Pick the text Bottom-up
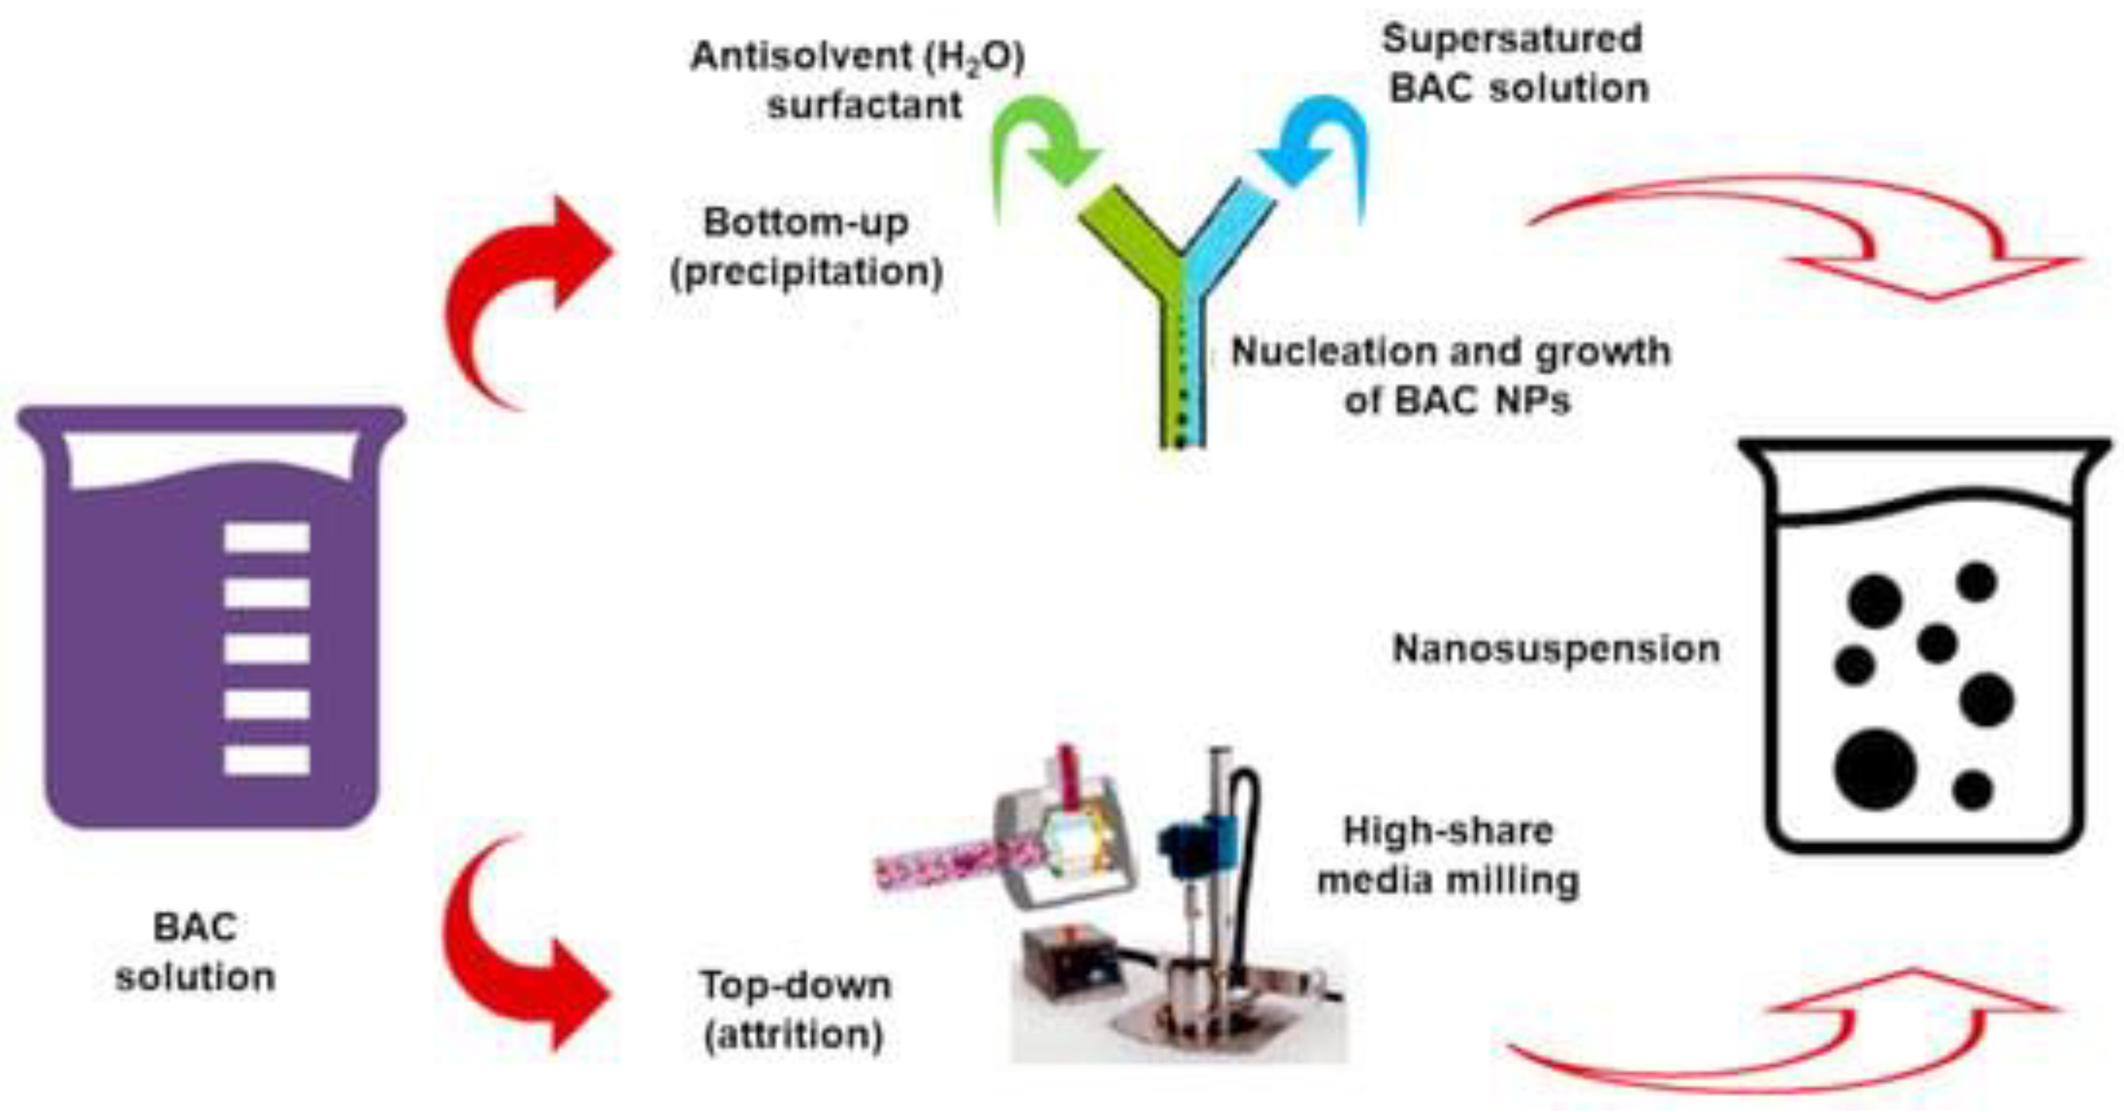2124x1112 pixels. click(x=806, y=223)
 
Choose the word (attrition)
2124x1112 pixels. click(x=794, y=1034)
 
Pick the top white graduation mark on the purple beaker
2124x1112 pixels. click(x=267, y=537)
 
